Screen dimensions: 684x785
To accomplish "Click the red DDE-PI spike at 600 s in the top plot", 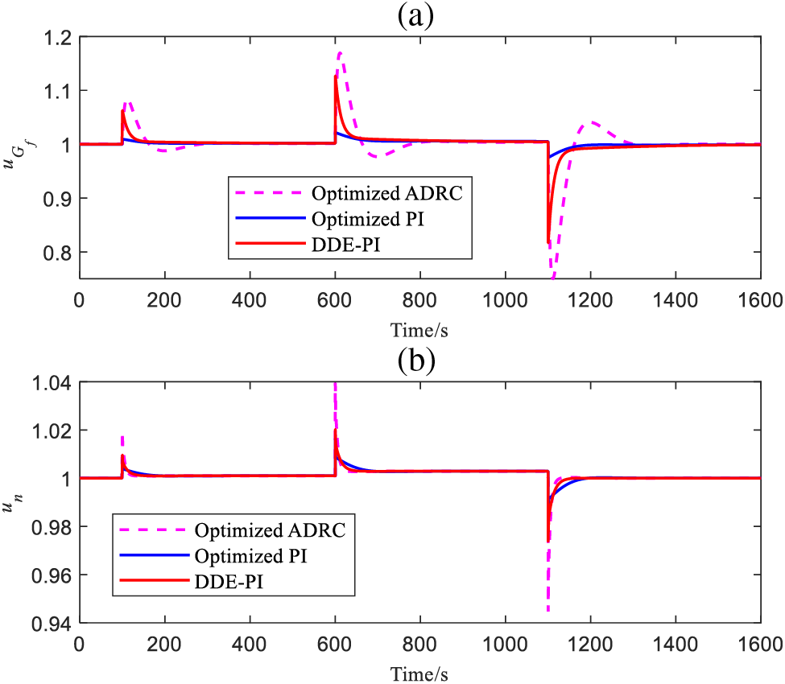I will click(x=336, y=77).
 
